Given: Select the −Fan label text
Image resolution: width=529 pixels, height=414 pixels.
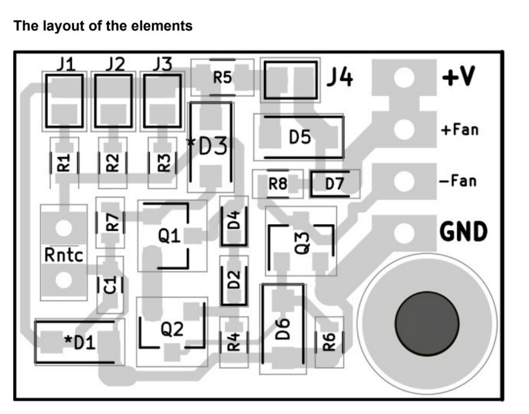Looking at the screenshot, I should point(458,181).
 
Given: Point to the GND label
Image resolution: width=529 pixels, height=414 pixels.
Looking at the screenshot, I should point(463,232).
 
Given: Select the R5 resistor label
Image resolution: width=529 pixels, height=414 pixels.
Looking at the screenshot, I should point(222,78).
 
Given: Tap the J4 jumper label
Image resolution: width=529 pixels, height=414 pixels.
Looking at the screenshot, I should point(340,78).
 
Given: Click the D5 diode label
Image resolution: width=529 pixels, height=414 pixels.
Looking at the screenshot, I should point(300,137).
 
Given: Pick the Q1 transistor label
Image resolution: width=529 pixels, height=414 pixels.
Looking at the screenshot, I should point(169,236).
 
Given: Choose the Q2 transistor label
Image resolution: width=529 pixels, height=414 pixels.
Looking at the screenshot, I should point(172,329).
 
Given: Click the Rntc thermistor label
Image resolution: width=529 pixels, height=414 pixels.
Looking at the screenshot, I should point(64,255).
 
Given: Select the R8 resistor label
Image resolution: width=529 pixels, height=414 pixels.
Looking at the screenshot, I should point(277,184).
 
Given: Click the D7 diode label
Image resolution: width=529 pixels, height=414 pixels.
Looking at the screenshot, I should point(334,184).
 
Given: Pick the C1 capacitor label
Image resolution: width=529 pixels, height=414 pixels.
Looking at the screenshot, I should point(110,285).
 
